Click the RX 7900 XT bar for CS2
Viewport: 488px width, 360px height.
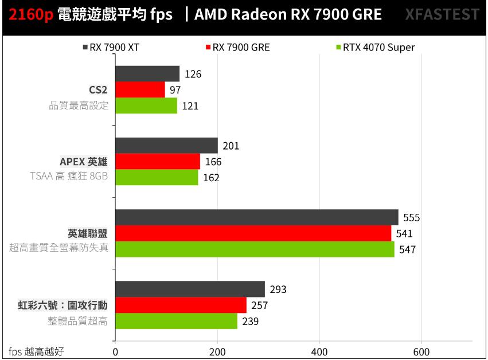pos(147,74)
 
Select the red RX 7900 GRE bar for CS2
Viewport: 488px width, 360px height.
pos(140,90)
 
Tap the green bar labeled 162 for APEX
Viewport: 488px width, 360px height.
pos(157,178)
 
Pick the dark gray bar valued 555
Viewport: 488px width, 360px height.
pos(256,218)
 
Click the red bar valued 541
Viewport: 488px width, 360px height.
pos(253,233)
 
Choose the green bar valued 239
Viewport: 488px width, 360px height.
pos(176,321)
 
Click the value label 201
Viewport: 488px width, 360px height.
pos(231,146)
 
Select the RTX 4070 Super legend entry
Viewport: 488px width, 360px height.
pos(374,48)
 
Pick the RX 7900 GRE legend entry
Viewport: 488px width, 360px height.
pos(237,48)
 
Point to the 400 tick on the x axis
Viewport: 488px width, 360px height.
pos(319,351)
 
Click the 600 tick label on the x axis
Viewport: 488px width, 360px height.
pos(421,351)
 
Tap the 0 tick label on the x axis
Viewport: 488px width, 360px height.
pos(116,351)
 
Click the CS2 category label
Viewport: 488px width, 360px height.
pos(98,90)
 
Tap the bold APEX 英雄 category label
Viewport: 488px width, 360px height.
pos(84,162)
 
